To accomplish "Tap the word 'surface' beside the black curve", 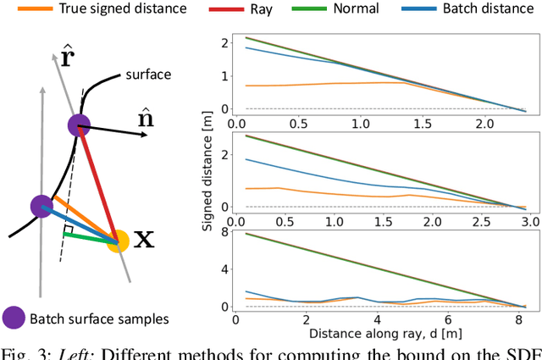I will tap(149, 75).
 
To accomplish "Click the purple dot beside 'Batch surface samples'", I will tap(14, 319).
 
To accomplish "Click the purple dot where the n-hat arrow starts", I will tap(79, 126).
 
